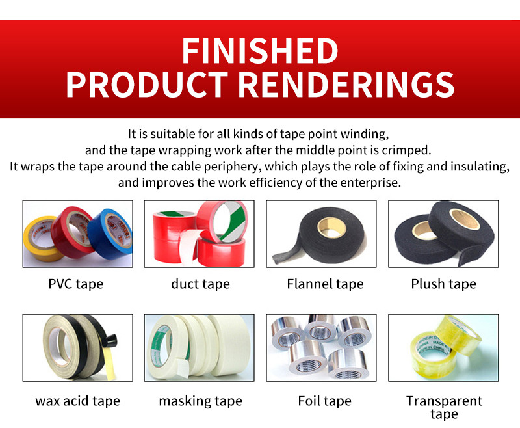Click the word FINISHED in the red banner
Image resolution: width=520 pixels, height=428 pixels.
coord(260,51)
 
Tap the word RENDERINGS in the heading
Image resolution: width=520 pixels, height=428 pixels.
coord(346,85)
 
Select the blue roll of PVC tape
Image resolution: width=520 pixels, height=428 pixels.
coord(111,234)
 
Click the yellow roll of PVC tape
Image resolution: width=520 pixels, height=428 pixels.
coord(42,238)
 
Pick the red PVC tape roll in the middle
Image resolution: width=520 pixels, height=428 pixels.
coord(73,232)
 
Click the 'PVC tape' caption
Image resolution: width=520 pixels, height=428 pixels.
coord(76,284)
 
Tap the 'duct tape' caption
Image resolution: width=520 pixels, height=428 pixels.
coord(200,284)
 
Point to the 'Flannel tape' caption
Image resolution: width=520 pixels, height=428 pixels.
coord(325,284)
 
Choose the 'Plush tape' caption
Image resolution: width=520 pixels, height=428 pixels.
coord(443,284)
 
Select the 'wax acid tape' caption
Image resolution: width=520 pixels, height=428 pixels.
coord(77,401)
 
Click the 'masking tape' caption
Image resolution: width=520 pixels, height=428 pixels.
coord(201,401)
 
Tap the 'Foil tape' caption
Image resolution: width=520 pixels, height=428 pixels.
coord(324,401)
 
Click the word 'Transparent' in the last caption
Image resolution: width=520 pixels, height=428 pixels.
coord(444,401)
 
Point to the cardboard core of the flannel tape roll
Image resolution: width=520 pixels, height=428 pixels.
coord(332,228)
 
